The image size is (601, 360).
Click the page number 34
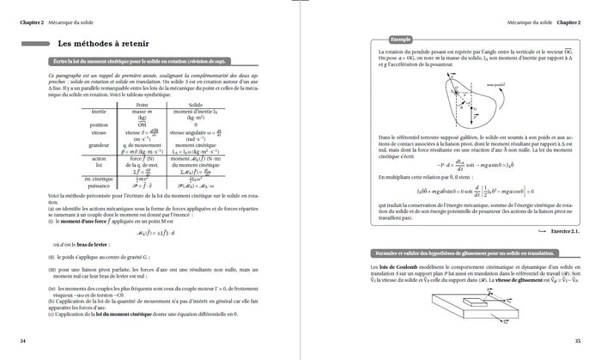click(x=23, y=342)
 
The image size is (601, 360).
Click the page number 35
click(x=578, y=342)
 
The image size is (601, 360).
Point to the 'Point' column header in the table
click(x=142, y=104)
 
